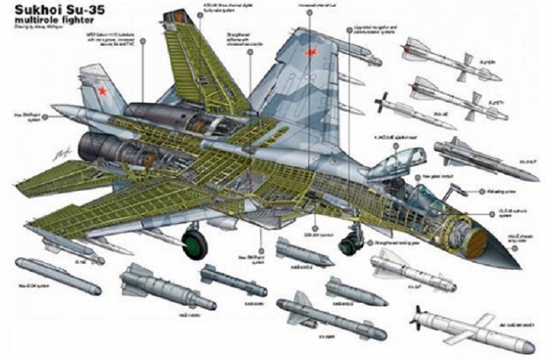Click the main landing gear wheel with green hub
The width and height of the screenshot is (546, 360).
(194, 245)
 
